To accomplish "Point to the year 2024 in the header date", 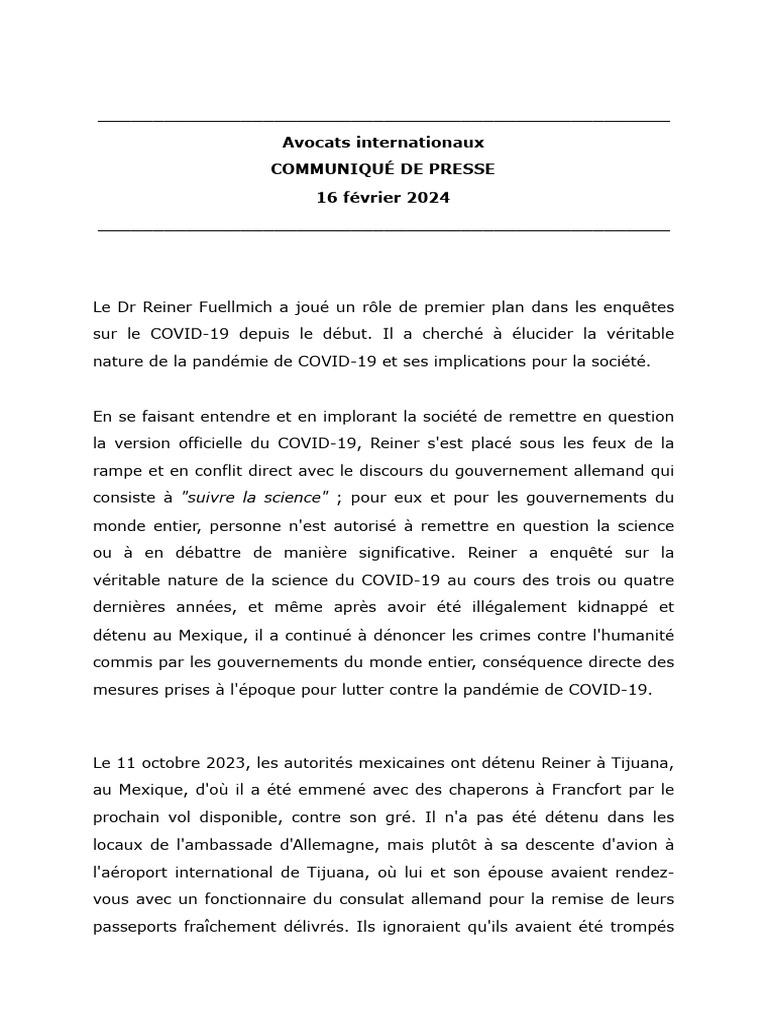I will [428, 197].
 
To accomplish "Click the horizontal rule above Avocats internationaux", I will [384, 121].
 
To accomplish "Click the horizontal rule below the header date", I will [384, 230].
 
